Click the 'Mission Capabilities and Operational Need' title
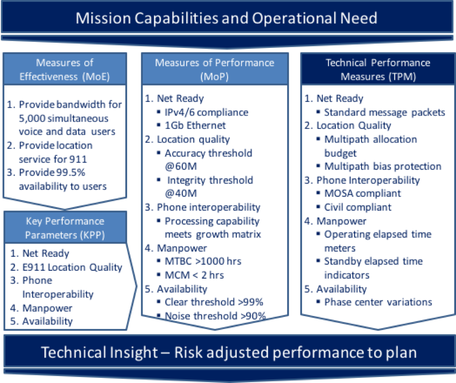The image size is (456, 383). [226, 18]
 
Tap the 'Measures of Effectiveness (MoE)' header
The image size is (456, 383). [65, 70]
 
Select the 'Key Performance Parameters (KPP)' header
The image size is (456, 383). [65, 228]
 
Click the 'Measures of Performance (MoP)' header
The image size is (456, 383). [215, 70]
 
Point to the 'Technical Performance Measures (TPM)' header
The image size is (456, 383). [378, 70]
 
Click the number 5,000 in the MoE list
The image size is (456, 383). [32, 118]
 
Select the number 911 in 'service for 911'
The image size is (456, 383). [78, 159]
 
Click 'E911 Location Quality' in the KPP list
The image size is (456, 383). [72, 267]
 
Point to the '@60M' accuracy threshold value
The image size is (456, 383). [181, 166]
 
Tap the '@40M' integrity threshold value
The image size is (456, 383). [181, 193]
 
